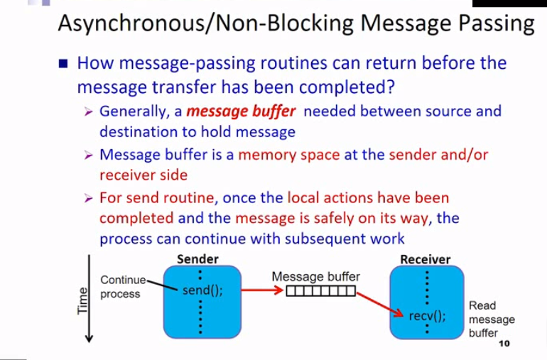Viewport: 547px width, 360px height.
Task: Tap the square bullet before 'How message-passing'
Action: (x=63, y=64)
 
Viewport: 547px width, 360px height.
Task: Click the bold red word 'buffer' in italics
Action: (x=273, y=111)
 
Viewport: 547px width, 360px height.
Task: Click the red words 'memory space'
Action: (x=289, y=155)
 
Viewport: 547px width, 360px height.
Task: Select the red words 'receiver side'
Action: (x=143, y=175)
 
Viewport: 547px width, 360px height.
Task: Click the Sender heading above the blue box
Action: (x=197, y=259)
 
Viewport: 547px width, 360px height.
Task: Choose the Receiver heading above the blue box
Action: (x=426, y=260)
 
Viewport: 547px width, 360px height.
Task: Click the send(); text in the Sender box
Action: (x=202, y=290)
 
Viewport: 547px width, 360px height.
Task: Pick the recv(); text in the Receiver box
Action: (x=428, y=316)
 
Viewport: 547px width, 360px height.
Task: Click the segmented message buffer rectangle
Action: (x=321, y=291)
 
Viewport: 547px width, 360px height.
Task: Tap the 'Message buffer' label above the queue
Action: (x=315, y=277)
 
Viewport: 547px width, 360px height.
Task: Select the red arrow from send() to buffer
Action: (x=262, y=290)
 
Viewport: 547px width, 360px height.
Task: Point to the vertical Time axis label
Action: (x=82, y=300)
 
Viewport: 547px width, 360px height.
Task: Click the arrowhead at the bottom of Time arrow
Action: (x=89, y=339)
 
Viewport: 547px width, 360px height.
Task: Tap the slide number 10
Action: (x=504, y=344)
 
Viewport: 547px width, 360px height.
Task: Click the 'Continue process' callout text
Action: (x=123, y=287)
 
